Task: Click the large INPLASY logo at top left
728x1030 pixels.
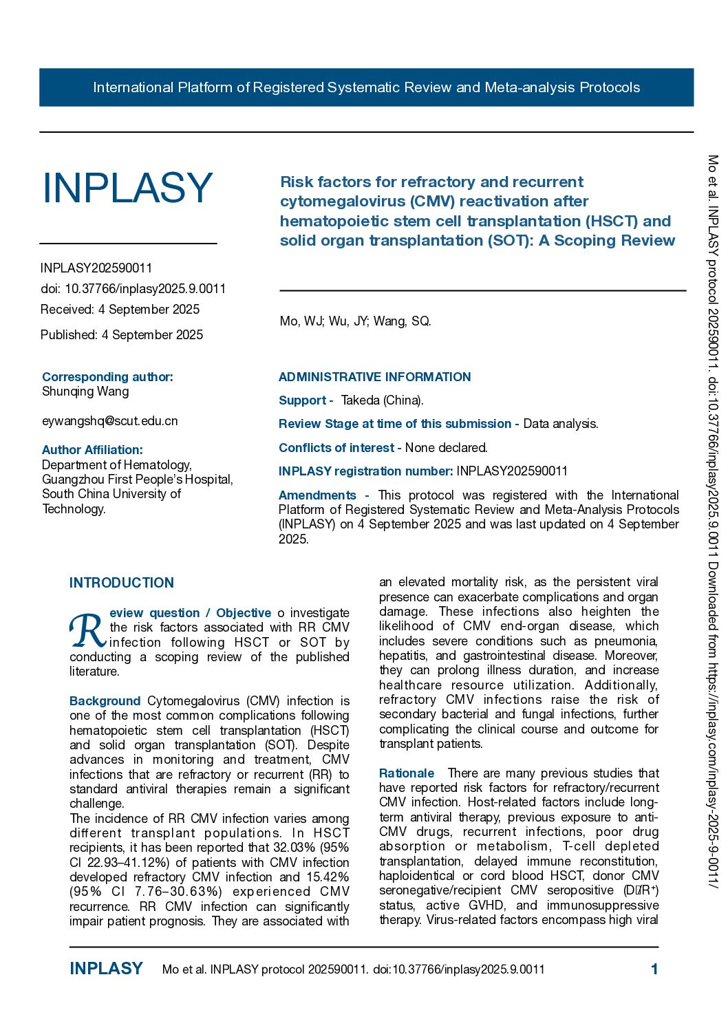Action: pyautogui.click(x=127, y=188)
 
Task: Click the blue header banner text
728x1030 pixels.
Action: pyautogui.click(x=366, y=87)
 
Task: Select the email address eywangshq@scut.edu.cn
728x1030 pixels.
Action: pyautogui.click(x=110, y=421)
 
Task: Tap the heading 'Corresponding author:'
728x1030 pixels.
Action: pyautogui.click(x=107, y=377)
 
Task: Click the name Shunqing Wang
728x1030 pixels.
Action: pyautogui.click(x=85, y=391)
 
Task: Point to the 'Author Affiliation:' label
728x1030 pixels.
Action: pyautogui.click(x=92, y=450)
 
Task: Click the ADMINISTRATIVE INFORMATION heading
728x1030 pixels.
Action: pyautogui.click(x=374, y=377)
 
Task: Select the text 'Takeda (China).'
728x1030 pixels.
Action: pyautogui.click(x=383, y=400)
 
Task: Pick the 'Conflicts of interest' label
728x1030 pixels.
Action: pyautogui.click(x=336, y=448)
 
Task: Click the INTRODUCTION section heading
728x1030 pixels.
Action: pyautogui.click(x=122, y=583)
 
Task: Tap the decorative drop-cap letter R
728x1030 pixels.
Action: pyautogui.click(x=87, y=631)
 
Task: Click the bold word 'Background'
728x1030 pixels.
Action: pyautogui.click(x=105, y=701)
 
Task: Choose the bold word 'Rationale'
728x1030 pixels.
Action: pyautogui.click(x=407, y=773)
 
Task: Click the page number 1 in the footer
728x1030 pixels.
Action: pyautogui.click(x=654, y=969)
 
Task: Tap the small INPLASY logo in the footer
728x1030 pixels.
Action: pyautogui.click(x=106, y=969)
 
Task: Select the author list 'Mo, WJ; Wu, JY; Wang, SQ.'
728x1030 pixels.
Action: pyautogui.click(x=355, y=321)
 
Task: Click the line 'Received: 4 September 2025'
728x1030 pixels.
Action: pyautogui.click(x=120, y=310)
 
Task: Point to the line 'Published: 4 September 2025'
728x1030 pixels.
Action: pyautogui.click(x=122, y=335)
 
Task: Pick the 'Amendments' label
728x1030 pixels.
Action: pyautogui.click(x=317, y=495)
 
